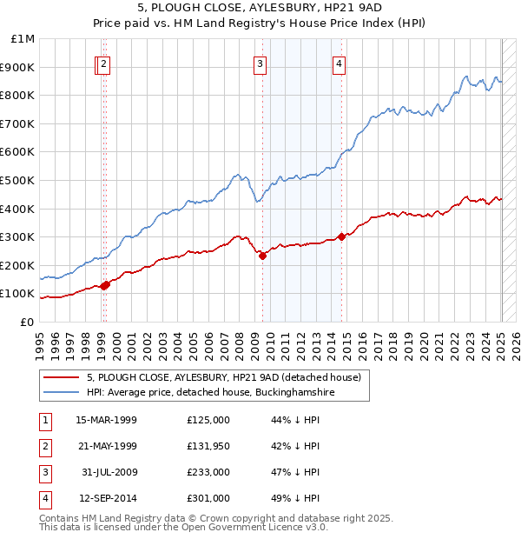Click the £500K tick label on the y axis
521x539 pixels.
pos(17,180)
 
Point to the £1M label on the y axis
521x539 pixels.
pos(23,38)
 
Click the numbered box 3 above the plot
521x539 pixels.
pos(260,63)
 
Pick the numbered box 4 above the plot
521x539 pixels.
pos(339,63)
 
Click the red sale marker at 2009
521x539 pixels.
pos(263,256)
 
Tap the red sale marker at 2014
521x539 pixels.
pos(342,236)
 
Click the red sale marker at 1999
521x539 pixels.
pos(105,284)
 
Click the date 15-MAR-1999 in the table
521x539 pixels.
pos(106,420)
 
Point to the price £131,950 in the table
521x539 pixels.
pos(208,446)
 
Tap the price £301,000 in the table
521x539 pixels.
pos(208,498)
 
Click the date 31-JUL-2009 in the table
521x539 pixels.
pos(109,472)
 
